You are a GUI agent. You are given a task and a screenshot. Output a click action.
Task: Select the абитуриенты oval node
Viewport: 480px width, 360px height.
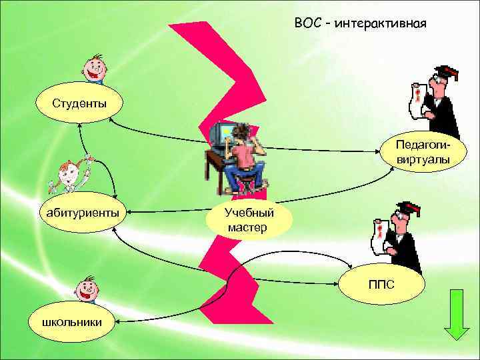(83, 213)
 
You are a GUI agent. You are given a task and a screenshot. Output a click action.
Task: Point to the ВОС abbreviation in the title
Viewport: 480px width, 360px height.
(308, 25)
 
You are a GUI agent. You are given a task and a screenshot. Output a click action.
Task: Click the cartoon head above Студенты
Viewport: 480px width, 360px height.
(95, 68)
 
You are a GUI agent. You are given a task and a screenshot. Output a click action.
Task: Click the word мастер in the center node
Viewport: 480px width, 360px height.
(247, 227)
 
